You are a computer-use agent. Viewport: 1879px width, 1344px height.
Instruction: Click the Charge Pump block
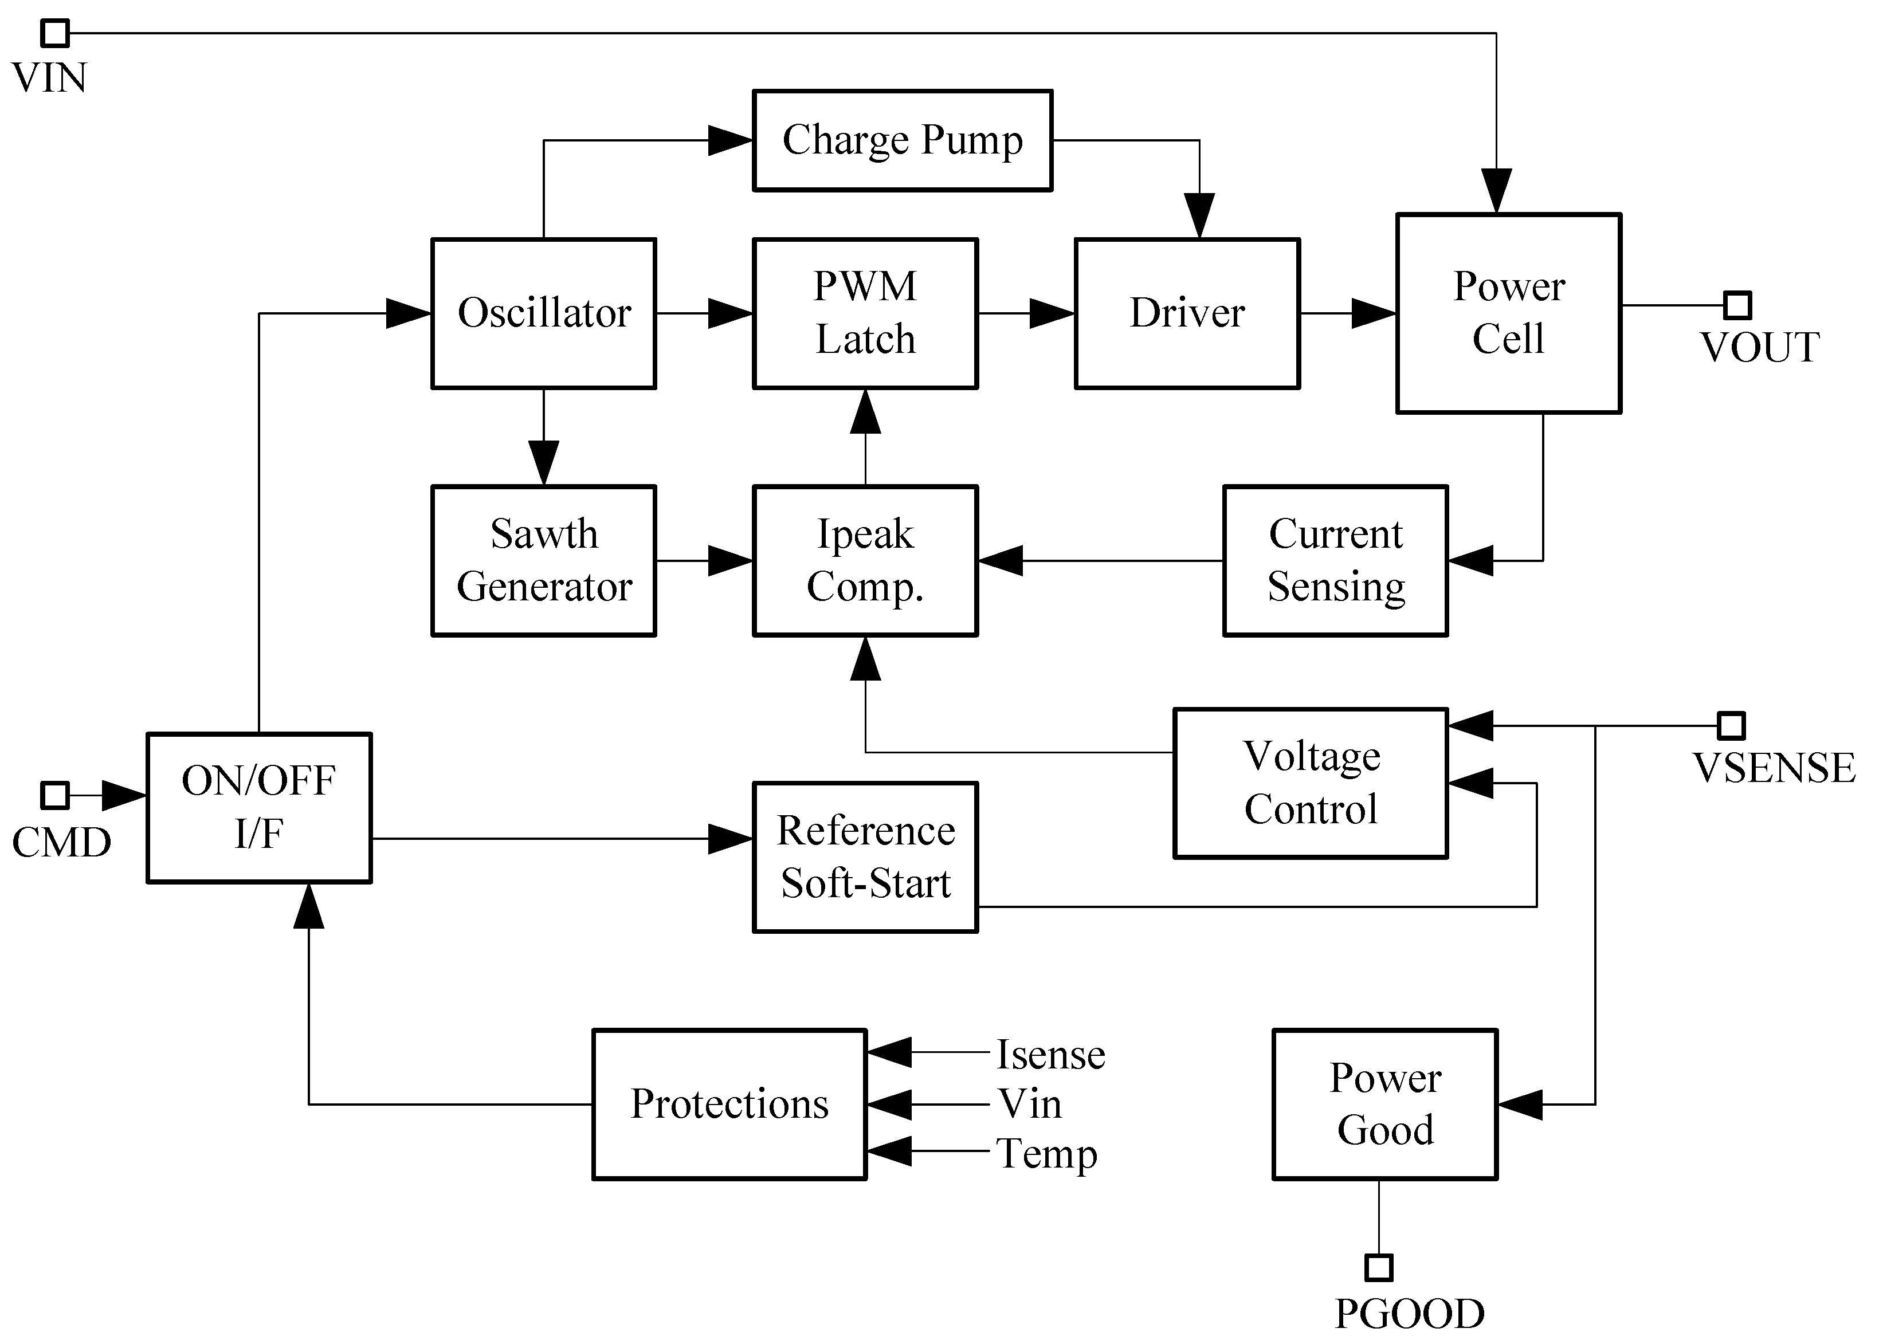coord(902,141)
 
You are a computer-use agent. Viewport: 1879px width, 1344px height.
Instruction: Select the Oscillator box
coord(544,313)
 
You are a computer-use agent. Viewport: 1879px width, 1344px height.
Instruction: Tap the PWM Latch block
coord(865,313)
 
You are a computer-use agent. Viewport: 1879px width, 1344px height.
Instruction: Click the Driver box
coord(1187,313)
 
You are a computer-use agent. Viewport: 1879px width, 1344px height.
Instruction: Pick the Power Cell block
coord(1508,313)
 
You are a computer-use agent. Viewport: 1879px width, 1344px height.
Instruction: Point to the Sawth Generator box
coord(544,560)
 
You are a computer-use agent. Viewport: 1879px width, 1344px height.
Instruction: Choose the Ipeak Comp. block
coord(865,560)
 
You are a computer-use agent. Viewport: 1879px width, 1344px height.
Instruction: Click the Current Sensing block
coord(1335,560)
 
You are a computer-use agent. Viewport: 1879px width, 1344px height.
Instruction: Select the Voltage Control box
coord(1311,783)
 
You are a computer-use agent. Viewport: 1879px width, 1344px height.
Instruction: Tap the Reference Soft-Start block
coord(865,856)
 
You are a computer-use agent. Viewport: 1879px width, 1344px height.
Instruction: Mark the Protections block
coord(729,1104)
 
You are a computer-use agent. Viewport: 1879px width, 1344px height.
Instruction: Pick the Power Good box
coord(1385,1104)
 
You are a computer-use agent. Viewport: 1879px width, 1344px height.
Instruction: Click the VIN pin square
coord(56,34)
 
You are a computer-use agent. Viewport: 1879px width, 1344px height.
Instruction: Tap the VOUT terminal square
coord(1737,305)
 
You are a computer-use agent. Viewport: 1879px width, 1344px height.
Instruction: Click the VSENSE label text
coord(1774,768)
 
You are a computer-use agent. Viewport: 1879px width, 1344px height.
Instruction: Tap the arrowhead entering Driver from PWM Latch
coord(1053,313)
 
